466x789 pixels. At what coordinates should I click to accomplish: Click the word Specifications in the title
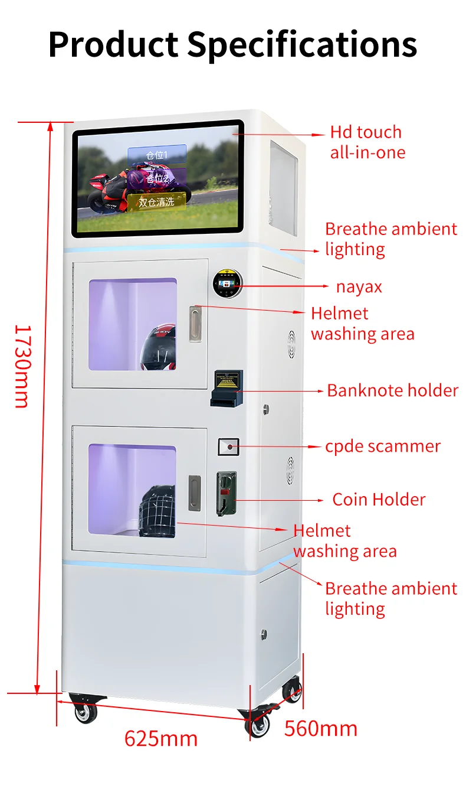point(302,45)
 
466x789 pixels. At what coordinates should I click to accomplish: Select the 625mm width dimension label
point(160,738)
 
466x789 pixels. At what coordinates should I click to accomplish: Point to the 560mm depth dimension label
point(321,728)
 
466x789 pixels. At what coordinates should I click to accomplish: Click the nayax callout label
point(359,287)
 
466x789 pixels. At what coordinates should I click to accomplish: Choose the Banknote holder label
point(392,390)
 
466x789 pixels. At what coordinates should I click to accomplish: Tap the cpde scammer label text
point(382,446)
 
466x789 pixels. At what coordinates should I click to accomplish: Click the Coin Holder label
point(379,500)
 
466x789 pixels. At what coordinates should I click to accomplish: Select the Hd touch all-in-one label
point(367,142)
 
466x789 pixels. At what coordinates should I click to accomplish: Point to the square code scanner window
point(228,447)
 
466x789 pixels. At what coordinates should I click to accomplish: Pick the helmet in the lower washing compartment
point(157,511)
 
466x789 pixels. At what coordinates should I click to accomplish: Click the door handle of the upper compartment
point(195,324)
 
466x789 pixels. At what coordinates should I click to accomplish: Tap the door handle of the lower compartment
point(194,493)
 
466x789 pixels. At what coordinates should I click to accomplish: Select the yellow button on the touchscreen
point(156,202)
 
